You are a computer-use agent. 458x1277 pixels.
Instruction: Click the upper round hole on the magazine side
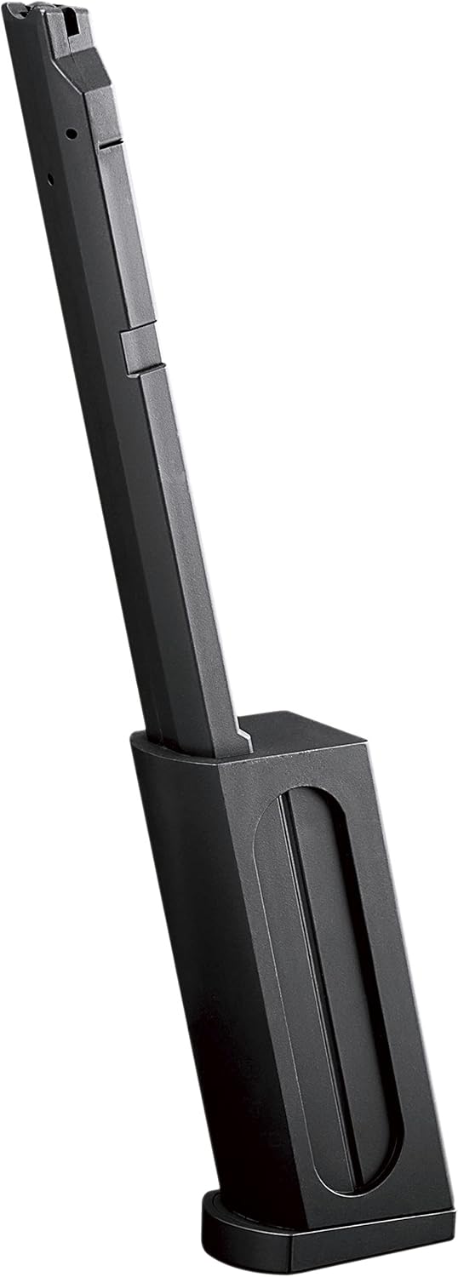pos(71,134)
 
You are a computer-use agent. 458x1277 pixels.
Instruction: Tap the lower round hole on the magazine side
pos(50,179)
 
